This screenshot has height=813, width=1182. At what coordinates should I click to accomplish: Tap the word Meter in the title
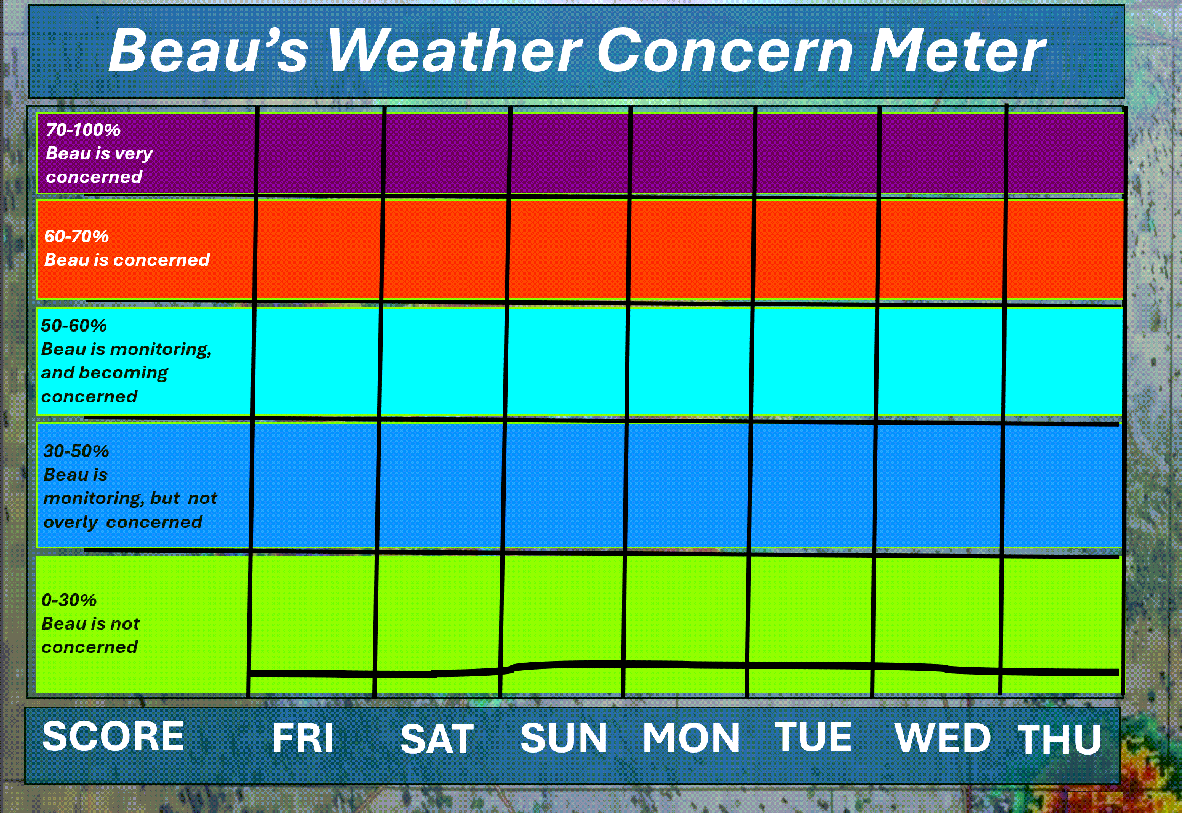957,50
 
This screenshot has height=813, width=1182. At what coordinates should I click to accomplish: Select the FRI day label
303,738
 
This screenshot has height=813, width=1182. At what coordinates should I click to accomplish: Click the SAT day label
437,739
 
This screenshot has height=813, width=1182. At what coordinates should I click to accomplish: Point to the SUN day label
564,738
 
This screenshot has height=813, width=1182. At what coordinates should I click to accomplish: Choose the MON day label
691,738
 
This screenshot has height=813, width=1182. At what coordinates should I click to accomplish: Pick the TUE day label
813,737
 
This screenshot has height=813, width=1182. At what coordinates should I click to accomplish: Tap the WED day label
943,738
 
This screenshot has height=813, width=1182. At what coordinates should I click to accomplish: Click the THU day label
1059,739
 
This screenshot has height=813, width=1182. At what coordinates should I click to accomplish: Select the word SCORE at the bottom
113,736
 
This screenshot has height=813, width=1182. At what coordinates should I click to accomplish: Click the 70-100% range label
83,130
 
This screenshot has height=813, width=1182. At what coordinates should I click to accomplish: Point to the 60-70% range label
76,236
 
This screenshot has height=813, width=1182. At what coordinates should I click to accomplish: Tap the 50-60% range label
74,326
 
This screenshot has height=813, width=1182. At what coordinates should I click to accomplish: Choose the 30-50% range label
76,451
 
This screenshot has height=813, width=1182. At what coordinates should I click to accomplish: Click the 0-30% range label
69,600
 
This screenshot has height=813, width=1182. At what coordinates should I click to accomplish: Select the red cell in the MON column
690,249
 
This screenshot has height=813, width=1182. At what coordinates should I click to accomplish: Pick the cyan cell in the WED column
940,361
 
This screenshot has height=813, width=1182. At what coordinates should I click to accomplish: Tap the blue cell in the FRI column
314,485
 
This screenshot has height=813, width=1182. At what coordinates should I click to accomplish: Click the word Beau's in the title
208,50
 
